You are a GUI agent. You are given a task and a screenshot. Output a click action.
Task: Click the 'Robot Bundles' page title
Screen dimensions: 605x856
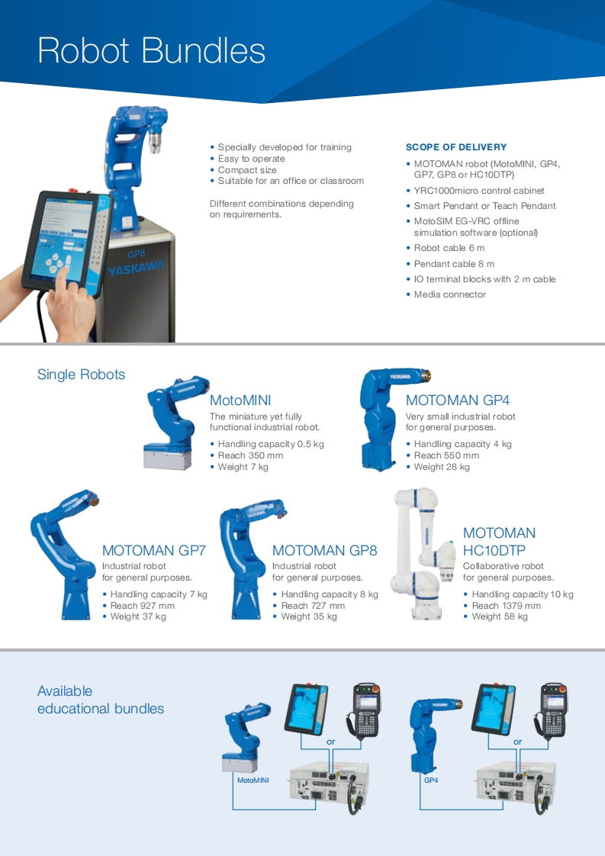click(151, 50)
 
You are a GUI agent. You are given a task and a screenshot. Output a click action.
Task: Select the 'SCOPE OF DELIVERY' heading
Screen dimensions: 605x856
click(455, 147)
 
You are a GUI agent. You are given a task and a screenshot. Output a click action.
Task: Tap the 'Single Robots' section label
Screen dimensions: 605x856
click(81, 375)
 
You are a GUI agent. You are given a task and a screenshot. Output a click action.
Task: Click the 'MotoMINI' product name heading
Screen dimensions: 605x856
click(240, 401)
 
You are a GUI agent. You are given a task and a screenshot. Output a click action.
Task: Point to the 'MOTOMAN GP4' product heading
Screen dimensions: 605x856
click(457, 401)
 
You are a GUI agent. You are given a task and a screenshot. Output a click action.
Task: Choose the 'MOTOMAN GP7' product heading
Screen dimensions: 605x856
click(154, 550)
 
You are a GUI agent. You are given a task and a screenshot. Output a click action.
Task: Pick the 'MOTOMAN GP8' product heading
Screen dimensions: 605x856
click(324, 550)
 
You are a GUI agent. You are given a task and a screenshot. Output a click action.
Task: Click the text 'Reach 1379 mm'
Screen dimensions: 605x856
click(506, 606)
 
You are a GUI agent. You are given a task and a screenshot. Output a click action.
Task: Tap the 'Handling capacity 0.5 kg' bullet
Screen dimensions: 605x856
click(271, 444)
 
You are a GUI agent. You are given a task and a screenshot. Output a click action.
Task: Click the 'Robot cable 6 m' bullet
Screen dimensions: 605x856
click(449, 248)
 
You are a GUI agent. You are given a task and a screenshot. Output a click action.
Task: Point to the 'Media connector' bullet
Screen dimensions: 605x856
click(449, 294)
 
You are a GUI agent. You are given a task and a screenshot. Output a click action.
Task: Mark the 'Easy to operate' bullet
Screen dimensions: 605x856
click(251, 159)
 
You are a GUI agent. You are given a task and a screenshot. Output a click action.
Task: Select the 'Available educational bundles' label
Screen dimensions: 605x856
click(100, 700)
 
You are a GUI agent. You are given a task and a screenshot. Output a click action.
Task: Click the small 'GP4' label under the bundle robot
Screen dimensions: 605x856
click(431, 781)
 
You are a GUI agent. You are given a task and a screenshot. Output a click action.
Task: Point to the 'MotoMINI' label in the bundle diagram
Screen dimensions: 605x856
click(253, 781)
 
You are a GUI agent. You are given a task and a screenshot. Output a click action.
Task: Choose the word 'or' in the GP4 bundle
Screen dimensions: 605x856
click(517, 742)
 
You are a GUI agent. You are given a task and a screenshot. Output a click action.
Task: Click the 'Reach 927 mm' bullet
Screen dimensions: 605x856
click(143, 606)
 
